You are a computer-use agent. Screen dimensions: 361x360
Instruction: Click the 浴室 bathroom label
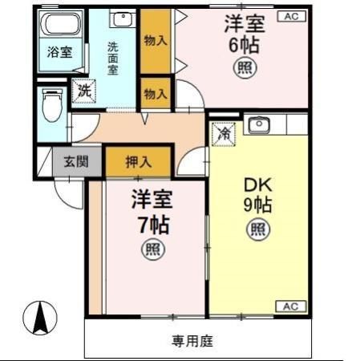[59, 54]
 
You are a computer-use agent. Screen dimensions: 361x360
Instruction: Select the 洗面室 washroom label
[113, 58]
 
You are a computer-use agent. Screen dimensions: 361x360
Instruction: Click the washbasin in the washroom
[121, 20]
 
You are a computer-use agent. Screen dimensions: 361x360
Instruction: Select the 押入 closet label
[138, 161]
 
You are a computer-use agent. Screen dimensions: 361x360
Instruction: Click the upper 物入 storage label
[155, 40]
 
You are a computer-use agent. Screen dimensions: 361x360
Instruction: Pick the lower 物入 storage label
[155, 94]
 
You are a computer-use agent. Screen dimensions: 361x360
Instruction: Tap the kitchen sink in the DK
[259, 127]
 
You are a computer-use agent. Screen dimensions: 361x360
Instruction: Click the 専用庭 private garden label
[192, 340]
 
